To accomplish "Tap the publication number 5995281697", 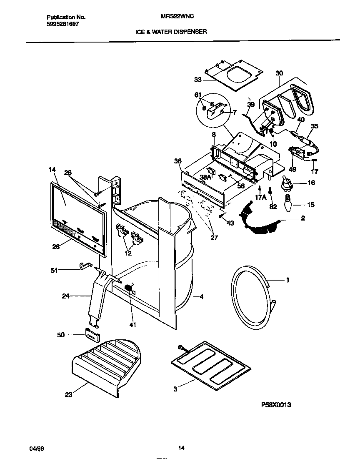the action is coord(62,24).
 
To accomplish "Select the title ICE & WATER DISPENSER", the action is coord(171,32).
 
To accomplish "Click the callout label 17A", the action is coord(261,198).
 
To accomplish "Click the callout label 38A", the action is coord(205,177).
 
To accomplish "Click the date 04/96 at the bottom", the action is coord(37,449).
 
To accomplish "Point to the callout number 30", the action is coord(279,73).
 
